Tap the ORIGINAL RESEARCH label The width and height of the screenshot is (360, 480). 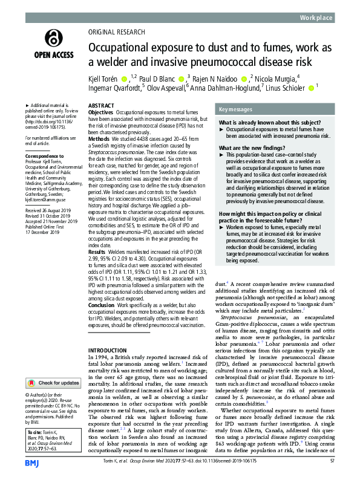(116, 31)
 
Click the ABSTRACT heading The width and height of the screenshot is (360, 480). (101, 105)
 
